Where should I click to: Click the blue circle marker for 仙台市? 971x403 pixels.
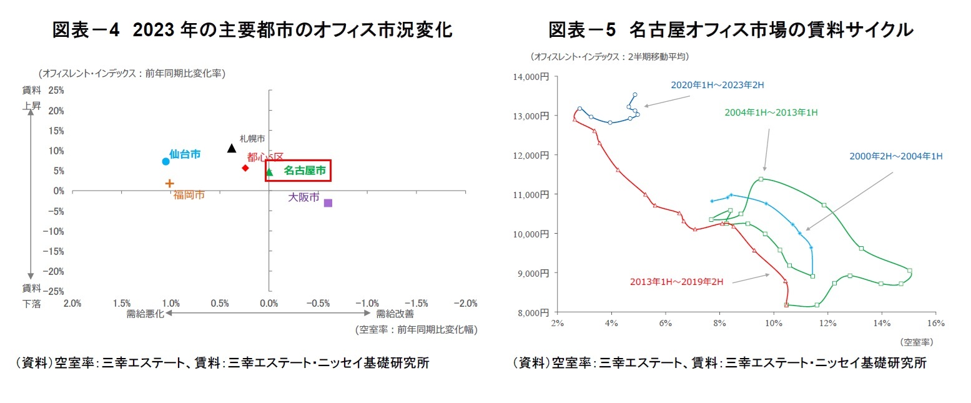point(165,161)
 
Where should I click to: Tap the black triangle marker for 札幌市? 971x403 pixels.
point(232,148)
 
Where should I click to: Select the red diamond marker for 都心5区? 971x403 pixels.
point(245,168)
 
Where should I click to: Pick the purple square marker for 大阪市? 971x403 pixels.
point(328,203)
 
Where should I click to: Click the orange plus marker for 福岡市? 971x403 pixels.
point(169,183)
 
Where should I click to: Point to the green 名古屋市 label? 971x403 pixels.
point(304,170)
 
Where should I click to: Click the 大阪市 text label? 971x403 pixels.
point(303,197)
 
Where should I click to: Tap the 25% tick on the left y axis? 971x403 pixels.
point(56,90)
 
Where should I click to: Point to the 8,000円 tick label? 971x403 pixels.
point(533,312)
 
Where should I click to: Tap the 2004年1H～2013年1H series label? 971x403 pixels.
point(771,112)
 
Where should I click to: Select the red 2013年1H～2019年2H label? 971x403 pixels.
point(676,282)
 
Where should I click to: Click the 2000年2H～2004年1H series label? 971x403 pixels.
point(895,156)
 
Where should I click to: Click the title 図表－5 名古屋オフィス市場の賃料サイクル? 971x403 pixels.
point(731,29)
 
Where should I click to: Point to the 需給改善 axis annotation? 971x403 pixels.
point(394,314)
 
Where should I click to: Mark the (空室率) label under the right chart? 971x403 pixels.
point(917,342)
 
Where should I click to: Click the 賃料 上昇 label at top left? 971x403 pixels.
point(32,98)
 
